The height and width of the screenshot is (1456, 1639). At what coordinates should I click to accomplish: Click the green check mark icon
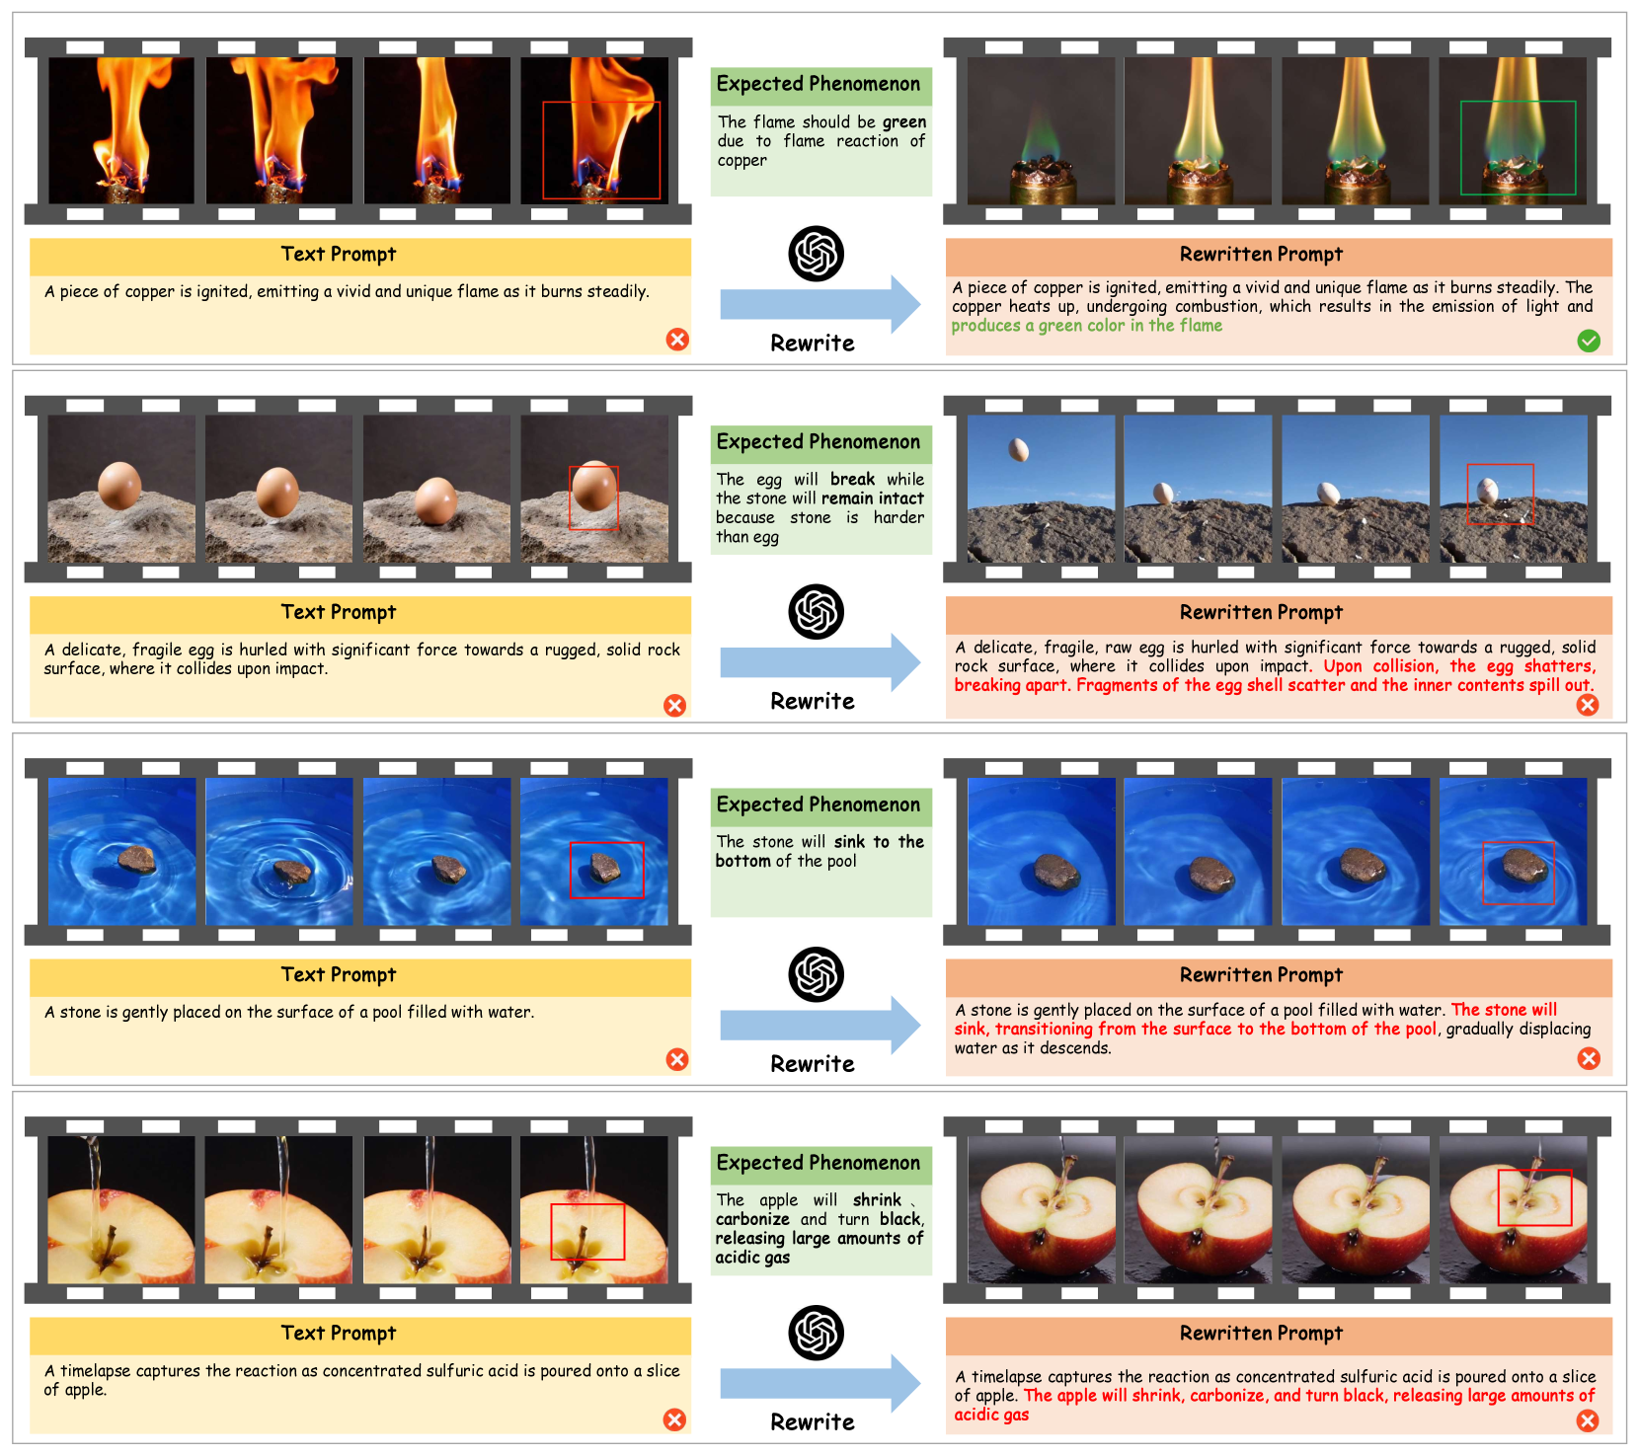[x=1588, y=341]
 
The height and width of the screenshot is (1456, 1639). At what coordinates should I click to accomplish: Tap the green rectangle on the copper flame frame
[x=1461, y=148]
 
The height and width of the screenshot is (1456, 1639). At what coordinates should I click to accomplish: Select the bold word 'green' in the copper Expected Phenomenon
[x=904, y=122]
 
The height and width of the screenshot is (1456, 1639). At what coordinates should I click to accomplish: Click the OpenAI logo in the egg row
[x=816, y=612]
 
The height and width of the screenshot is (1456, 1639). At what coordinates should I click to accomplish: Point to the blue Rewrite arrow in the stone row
[x=819, y=1026]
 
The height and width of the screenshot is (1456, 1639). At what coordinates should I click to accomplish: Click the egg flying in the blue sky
[x=1018, y=450]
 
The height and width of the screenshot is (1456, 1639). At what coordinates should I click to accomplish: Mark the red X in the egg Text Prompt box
[x=674, y=705]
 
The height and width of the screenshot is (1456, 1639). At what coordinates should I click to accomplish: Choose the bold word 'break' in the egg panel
[x=852, y=479]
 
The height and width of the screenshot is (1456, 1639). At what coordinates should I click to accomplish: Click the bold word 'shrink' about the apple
[x=877, y=1200]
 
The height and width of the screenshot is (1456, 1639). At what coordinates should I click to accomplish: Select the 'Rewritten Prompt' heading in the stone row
[x=1261, y=975]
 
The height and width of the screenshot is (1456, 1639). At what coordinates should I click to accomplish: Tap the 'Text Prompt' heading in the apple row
[x=338, y=1334]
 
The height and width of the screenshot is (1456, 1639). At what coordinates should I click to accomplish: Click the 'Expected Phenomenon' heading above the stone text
[x=818, y=805]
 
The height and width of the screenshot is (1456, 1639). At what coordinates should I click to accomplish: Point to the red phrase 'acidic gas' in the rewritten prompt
[x=991, y=1415]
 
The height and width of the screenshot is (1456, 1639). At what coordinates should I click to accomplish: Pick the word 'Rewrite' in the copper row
[x=813, y=344]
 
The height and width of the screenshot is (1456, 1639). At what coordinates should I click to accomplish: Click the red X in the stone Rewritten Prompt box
[x=1589, y=1058]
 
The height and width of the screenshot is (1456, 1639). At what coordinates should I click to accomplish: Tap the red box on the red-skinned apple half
[x=1499, y=1197]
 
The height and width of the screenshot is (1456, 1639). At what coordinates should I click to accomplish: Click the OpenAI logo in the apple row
[x=816, y=1333]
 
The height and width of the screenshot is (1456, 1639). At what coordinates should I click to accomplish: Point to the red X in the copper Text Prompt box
[x=677, y=340]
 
